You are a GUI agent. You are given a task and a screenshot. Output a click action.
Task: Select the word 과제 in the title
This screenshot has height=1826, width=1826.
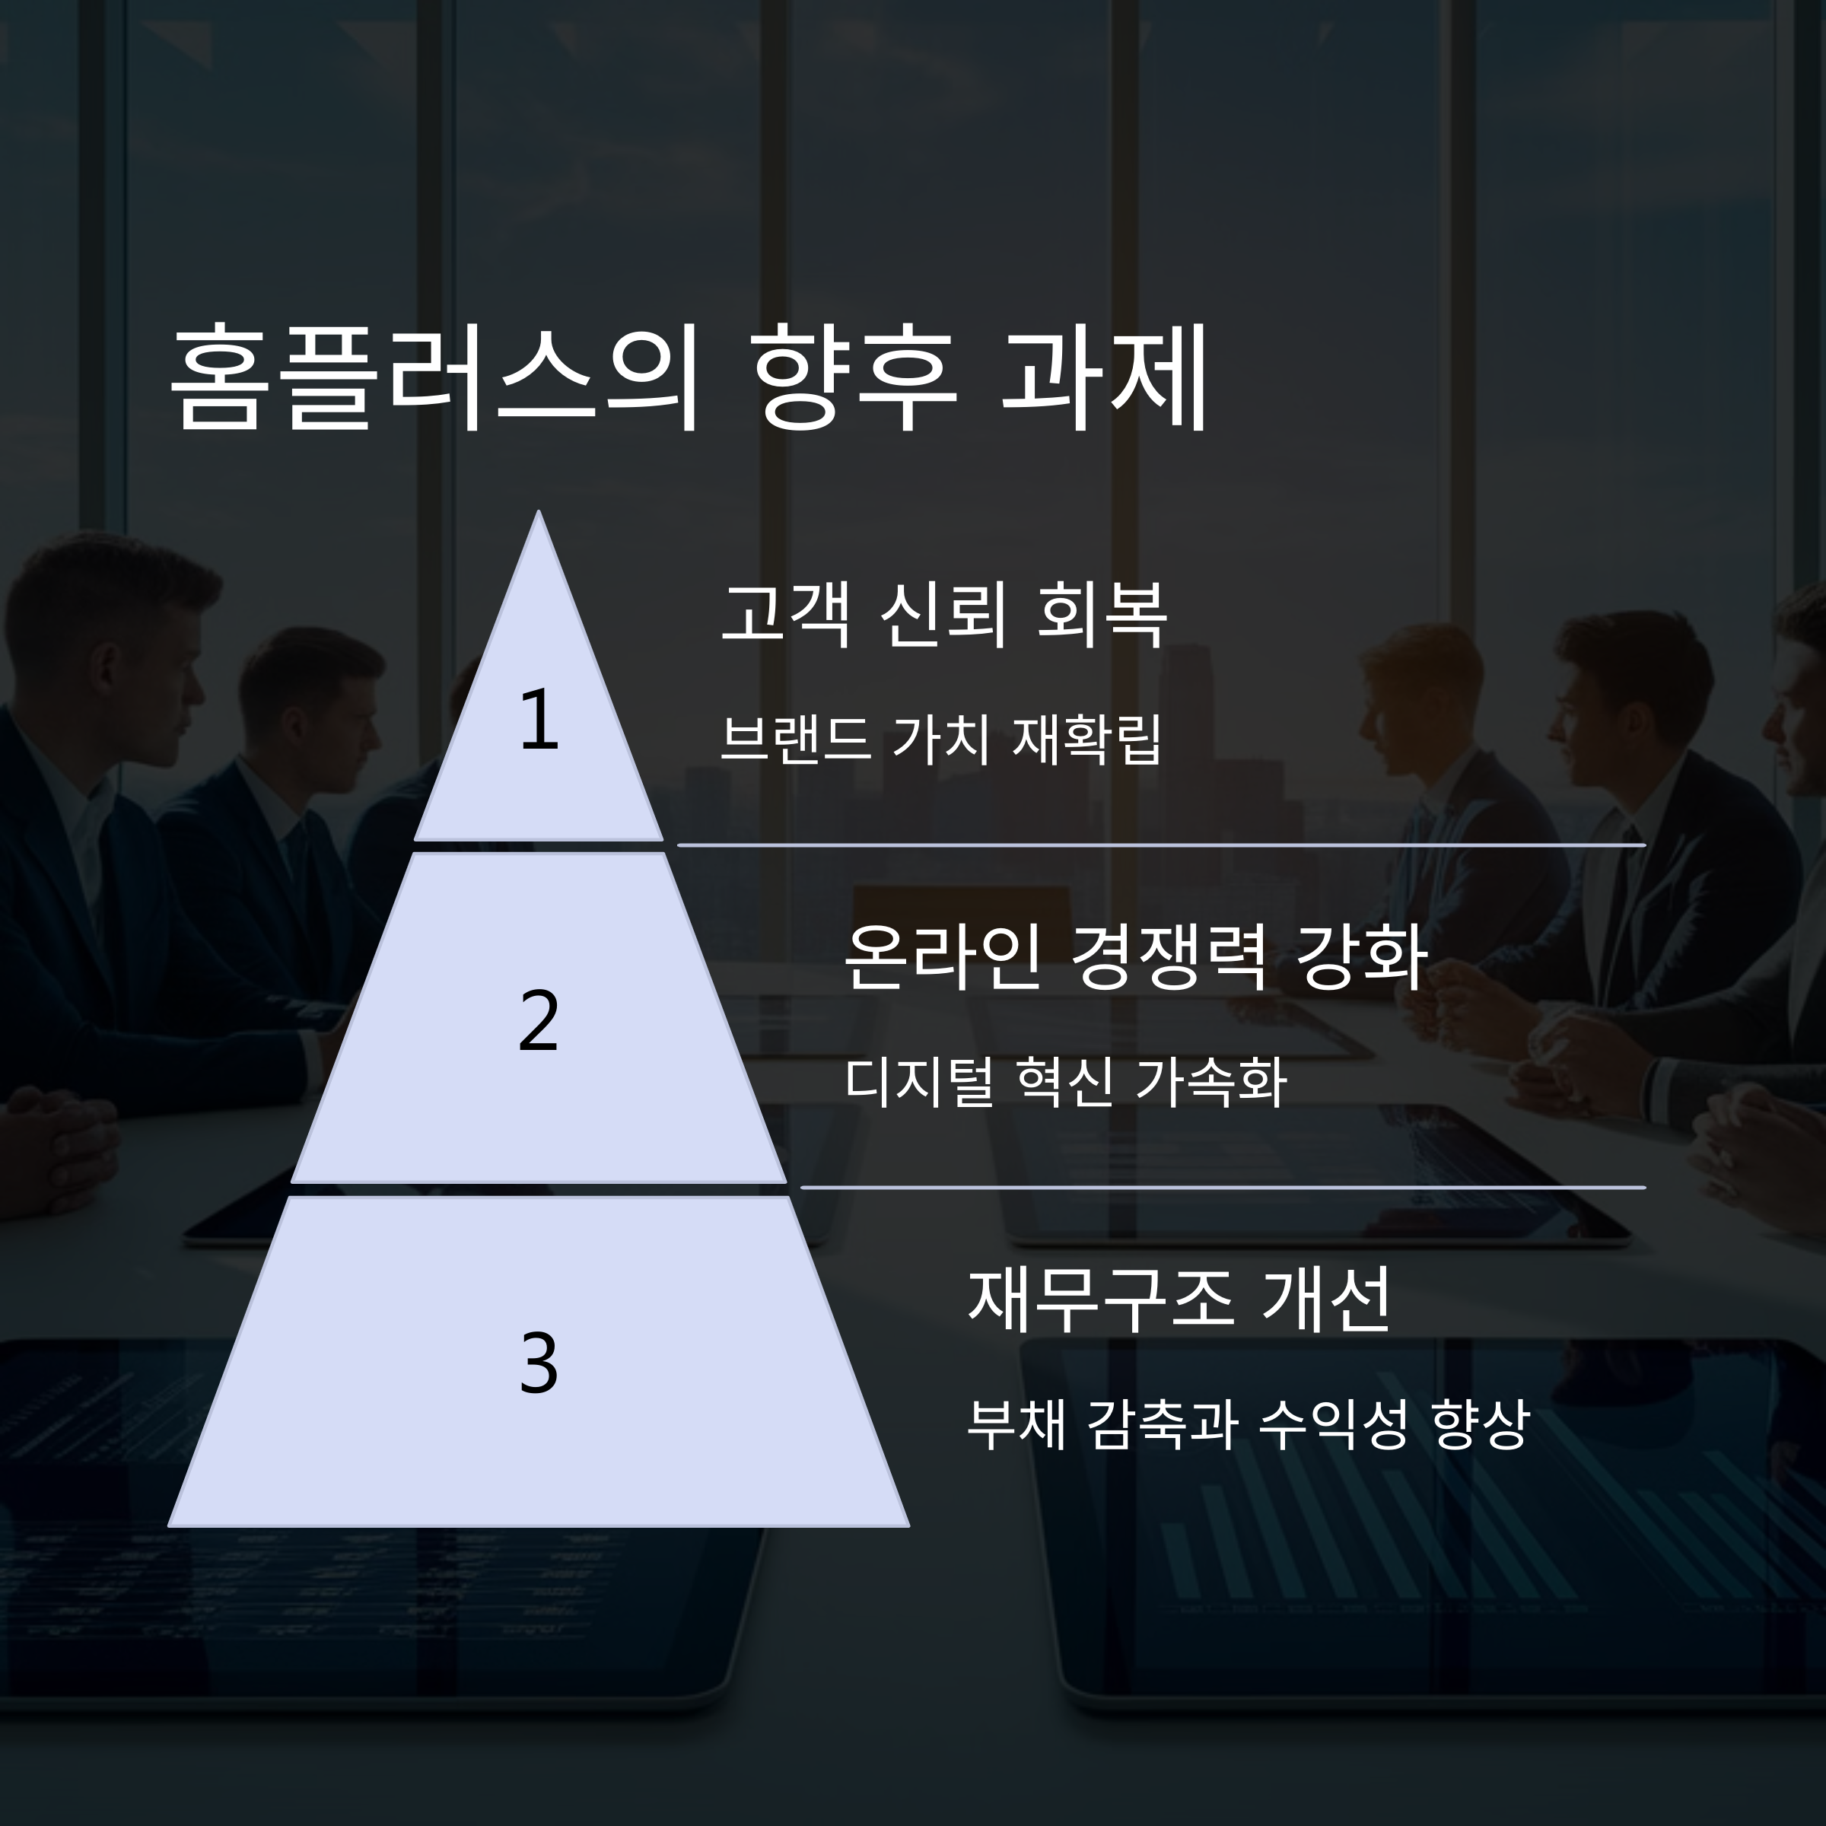click(x=1103, y=379)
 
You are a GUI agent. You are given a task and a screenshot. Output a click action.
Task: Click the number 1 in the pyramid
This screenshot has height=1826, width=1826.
click(x=539, y=721)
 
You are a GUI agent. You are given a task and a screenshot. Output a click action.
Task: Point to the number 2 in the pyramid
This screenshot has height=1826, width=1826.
click(x=539, y=1021)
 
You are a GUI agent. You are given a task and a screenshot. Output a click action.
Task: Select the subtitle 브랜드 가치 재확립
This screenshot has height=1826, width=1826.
click(x=940, y=739)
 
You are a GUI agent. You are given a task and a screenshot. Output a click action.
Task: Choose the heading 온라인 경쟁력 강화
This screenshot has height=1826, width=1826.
click(x=1134, y=956)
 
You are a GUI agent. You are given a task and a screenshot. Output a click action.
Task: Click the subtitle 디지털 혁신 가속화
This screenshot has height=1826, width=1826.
click(x=1065, y=1081)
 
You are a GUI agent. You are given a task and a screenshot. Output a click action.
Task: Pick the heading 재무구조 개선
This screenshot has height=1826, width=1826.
click(x=1179, y=1299)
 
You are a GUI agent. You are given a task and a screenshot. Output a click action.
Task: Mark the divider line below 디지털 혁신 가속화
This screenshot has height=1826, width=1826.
click(x=1222, y=1187)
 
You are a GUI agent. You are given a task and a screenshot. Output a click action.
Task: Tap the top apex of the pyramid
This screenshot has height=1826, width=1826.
click(x=539, y=516)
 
